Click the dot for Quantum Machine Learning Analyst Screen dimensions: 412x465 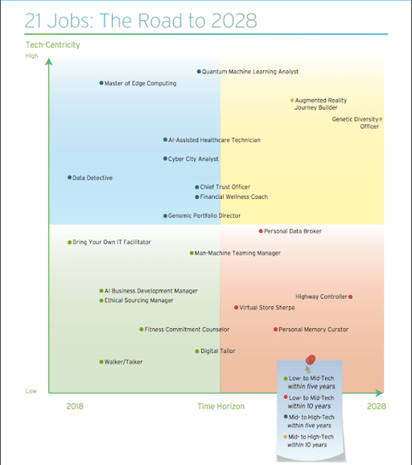199,72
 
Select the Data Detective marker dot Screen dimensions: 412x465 69,177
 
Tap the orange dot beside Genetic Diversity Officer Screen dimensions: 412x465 381,119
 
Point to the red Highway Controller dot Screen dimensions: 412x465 350,297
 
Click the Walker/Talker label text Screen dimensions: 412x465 123,362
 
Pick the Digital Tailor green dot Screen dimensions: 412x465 197,351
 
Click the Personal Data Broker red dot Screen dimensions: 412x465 261,231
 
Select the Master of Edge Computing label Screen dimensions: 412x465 140,83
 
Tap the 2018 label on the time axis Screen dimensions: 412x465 75,406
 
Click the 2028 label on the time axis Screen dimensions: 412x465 377,406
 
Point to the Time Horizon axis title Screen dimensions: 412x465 221,406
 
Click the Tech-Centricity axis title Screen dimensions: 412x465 53,45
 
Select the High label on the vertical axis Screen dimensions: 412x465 31,56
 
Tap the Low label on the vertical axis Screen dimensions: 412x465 31,391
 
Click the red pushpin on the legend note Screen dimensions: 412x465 311,359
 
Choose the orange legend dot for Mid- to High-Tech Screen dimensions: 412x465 285,437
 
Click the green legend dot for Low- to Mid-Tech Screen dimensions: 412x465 286,379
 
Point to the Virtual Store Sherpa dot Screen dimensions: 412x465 236,308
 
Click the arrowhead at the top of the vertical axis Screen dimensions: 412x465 49,61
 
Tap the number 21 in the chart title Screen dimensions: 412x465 34,20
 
